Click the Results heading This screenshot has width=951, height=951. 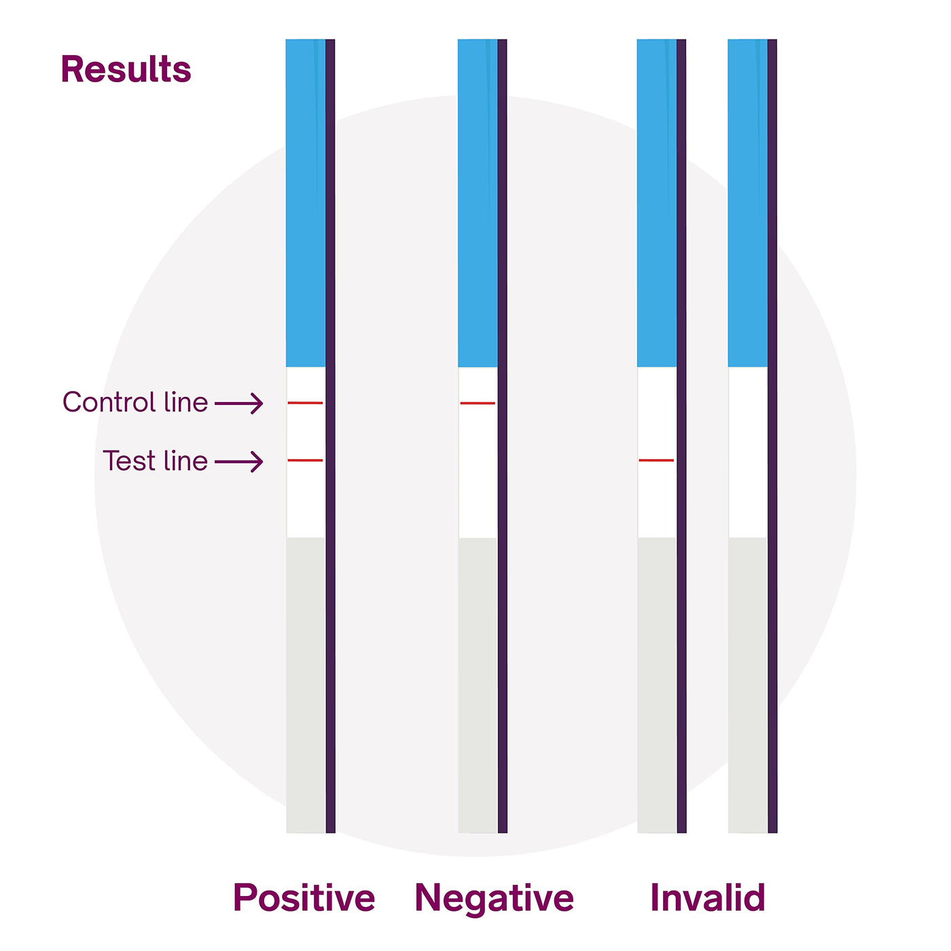[126, 69]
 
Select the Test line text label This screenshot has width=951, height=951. [155, 461]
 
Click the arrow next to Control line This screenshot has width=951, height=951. [238, 403]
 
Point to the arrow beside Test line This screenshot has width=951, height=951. [238, 462]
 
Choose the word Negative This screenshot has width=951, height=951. [494, 898]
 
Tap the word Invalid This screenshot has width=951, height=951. [708, 896]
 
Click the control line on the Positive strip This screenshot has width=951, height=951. [305, 403]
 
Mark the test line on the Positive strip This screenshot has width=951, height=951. [305, 460]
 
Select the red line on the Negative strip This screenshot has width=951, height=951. [478, 403]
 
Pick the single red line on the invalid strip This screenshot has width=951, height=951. [656, 460]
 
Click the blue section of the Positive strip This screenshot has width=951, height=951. [306, 203]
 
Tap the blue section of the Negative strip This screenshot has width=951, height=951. [478, 203]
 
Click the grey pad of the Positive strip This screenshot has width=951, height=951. [306, 685]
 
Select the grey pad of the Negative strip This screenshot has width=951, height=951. [478, 685]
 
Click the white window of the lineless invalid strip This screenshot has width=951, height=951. [747, 452]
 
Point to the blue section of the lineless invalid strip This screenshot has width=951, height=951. [747, 203]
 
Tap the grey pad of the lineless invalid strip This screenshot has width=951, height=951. [747, 685]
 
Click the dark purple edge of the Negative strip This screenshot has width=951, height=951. [502, 436]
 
